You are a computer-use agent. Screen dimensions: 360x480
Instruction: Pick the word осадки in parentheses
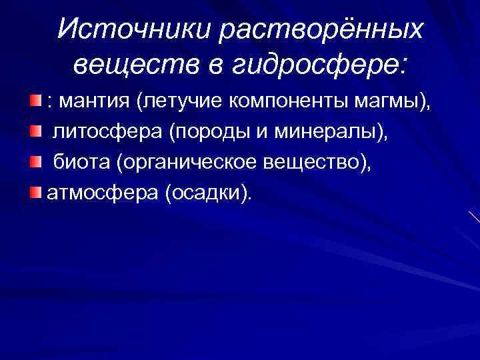(x=209, y=193)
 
